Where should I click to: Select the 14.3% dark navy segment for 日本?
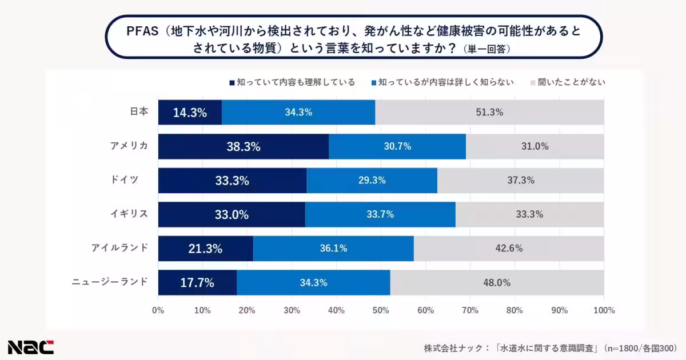pos(190,113)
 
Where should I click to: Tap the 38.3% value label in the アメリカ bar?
pos(243,146)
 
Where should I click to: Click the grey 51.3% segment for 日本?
pos(489,113)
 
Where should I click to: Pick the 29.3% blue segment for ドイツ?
pos(372,181)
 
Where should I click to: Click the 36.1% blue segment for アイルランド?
pos(333,249)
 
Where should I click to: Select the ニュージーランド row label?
pos(110,282)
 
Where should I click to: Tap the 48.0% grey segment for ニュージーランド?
pos(497,282)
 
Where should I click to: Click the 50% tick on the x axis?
pos(381,311)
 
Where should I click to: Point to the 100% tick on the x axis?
pos(604,311)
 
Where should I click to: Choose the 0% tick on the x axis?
pos(158,311)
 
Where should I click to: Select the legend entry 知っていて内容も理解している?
pos(292,82)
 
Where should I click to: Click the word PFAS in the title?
pos(142,31)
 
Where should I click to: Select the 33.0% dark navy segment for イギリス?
pos(232,214)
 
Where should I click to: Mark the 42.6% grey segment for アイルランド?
pos(508,249)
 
